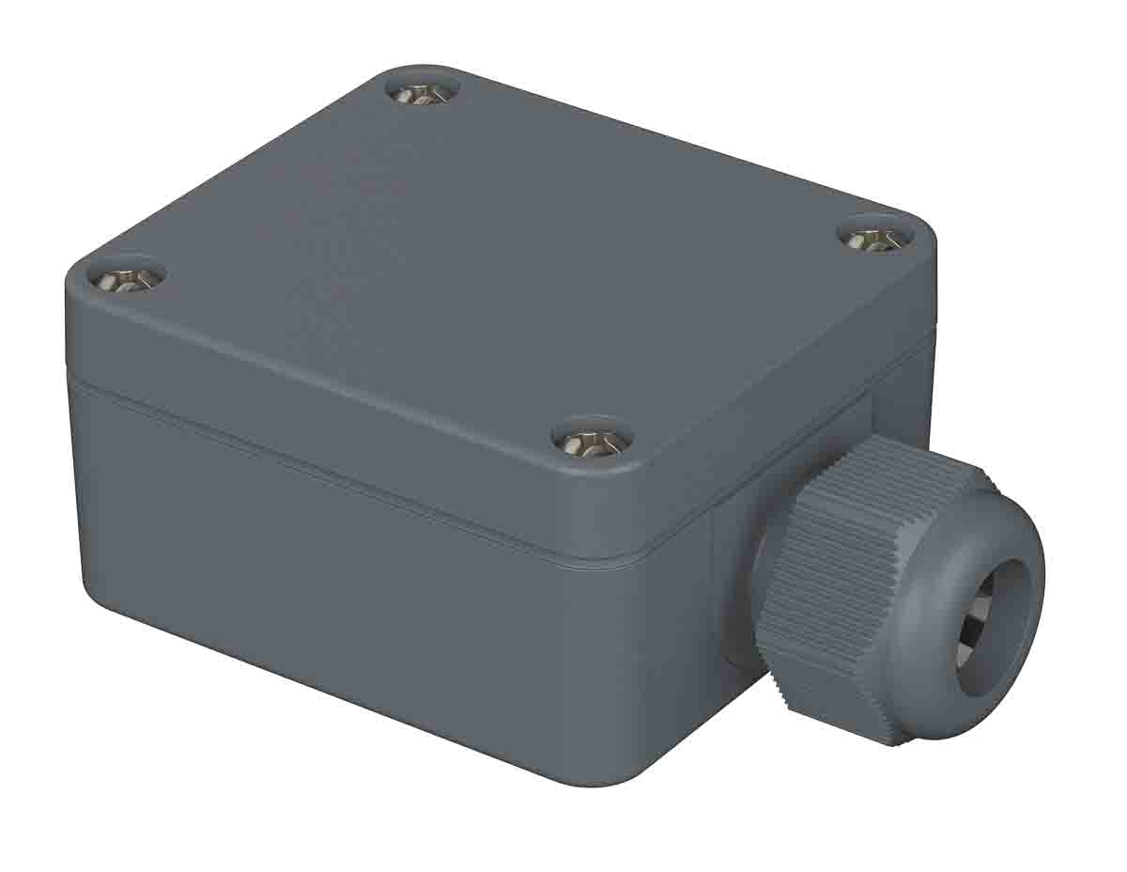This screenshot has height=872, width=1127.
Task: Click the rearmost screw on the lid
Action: [422, 92]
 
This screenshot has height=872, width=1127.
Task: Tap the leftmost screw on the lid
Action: [127, 274]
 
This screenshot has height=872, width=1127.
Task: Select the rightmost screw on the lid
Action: [872, 237]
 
